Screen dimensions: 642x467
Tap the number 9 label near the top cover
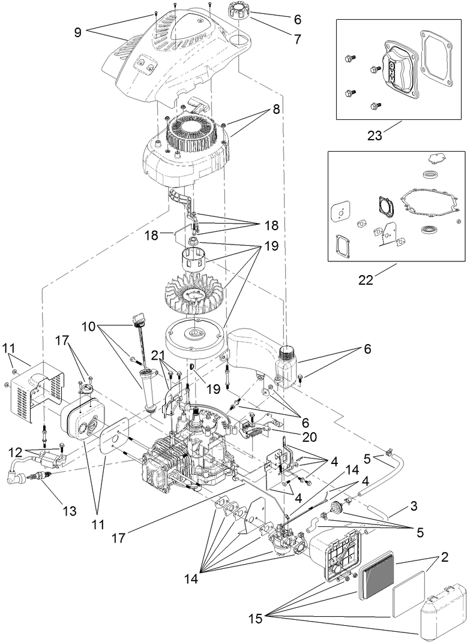77,32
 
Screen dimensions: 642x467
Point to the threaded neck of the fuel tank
289,350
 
